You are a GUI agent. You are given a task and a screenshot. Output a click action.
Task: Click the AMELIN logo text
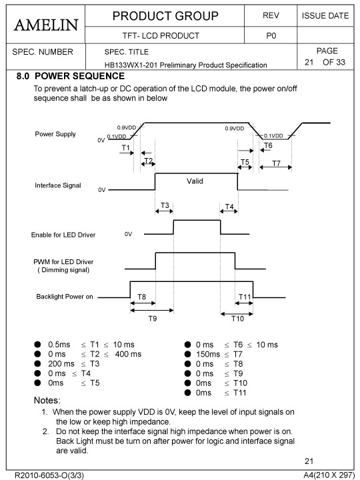click(x=46, y=25)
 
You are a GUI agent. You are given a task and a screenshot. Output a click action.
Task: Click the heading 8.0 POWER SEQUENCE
click(x=71, y=76)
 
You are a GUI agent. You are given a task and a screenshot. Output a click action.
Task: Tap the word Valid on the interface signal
click(x=195, y=181)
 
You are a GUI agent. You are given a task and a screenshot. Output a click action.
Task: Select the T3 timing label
click(x=165, y=205)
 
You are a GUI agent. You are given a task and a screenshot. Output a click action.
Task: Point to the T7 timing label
click(x=276, y=163)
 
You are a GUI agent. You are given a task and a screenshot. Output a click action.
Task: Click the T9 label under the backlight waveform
click(x=153, y=319)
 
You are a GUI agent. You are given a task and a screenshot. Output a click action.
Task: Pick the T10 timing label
click(x=237, y=319)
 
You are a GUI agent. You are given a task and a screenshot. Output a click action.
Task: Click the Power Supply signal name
click(x=55, y=134)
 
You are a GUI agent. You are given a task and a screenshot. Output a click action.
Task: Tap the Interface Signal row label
click(x=58, y=185)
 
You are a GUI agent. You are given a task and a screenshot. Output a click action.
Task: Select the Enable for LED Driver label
click(x=63, y=235)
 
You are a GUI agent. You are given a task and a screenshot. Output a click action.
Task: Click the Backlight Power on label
click(x=65, y=297)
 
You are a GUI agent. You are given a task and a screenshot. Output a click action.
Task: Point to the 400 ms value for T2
click(x=128, y=354)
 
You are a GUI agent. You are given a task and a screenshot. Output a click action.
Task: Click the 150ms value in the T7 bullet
click(x=208, y=354)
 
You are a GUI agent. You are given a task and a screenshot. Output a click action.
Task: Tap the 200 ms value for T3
click(x=61, y=364)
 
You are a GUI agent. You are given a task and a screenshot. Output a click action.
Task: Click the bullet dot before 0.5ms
click(x=37, y=345)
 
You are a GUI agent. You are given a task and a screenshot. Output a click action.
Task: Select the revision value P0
click(x=271, y=36)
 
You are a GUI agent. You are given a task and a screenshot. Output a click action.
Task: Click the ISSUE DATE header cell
click(x=325, y=16)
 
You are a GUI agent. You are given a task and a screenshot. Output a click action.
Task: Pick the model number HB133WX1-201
click(x=131, y=65)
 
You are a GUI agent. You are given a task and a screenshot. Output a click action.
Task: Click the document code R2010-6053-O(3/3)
click(x=49, y=475)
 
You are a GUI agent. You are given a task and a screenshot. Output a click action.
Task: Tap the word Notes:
click(x=47, y=401)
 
